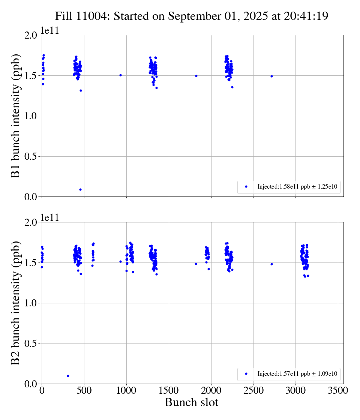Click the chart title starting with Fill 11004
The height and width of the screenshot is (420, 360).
192,16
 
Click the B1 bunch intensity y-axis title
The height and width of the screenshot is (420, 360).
15,116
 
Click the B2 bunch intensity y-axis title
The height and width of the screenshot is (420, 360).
15,303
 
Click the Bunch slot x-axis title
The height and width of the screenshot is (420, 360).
191,403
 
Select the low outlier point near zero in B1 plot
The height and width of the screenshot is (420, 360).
80,189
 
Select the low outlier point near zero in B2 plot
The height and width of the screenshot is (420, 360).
68,376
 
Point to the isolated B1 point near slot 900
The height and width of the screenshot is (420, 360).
120,75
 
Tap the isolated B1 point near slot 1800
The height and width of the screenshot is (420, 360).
196,76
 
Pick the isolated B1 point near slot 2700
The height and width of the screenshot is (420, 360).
271,76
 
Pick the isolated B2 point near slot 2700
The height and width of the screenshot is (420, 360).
271,264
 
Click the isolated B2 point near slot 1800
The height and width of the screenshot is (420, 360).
196,264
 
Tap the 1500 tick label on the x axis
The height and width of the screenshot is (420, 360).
169,391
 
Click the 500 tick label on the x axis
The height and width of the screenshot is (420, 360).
84,391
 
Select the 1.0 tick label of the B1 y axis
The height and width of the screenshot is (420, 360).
31,116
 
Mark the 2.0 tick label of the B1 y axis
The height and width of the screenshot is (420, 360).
31,35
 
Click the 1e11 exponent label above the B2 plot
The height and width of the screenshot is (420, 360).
49,217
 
